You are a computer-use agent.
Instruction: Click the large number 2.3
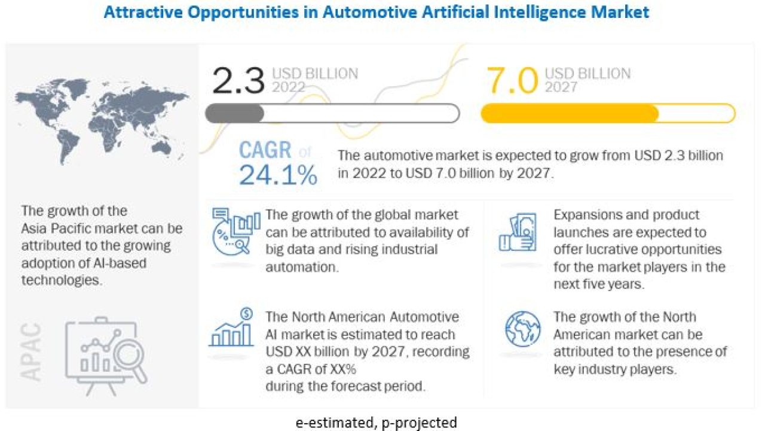tap(238, 81)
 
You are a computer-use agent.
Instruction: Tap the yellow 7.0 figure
tap(512, 81)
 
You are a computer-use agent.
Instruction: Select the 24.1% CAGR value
tap(278, 175)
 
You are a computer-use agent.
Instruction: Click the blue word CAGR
tap(265, 150)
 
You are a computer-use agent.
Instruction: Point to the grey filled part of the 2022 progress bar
tap(235, 113)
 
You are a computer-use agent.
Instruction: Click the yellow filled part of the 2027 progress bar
tap(570, 113)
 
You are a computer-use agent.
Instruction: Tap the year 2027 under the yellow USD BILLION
tap(561, 87)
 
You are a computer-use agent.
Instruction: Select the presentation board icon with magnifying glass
tap(106, 356)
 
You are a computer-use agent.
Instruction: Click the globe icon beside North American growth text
tap(522, 329)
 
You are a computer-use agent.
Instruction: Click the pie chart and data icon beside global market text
tap(235, 231)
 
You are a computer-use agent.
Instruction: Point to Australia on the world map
tap(161, 148)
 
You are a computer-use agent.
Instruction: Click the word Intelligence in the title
tap(540, 13)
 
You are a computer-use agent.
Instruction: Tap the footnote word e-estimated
tap(336, 423)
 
